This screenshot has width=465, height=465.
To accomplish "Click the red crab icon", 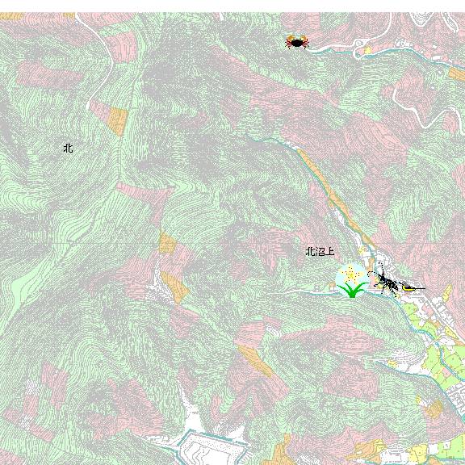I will (296, 41).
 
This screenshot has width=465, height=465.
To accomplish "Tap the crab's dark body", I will (296, 40).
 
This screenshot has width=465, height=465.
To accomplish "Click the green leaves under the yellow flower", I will (351, 290).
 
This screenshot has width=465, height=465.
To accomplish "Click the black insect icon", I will (385, 283).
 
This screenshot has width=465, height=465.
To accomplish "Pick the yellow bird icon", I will (410, 287).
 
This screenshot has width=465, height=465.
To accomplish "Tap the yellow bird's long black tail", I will (420, 288).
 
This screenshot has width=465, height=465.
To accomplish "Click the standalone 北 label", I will (68, 149).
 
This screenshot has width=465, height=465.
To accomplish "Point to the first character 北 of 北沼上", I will (309, 252).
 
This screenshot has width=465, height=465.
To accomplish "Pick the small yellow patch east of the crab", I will (368, 50).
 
